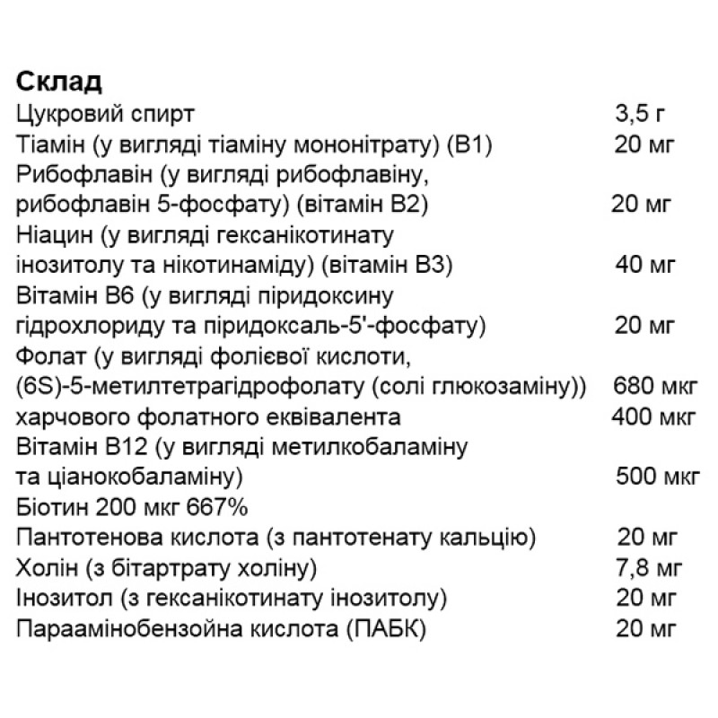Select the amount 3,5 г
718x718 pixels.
[641, 114]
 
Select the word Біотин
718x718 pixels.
[46, 508]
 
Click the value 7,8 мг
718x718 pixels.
[645, 569]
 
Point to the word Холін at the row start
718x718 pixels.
[42, 569]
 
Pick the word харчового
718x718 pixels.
[64, 417]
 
